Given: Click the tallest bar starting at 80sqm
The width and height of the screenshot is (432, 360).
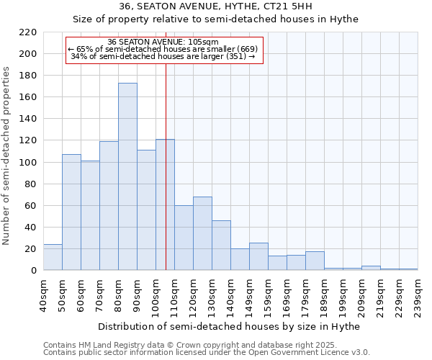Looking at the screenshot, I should coord(127,176).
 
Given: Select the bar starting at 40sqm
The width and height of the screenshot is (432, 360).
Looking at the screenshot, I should coord(53,257).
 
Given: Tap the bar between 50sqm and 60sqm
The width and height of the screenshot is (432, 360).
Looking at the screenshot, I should coord(71,212).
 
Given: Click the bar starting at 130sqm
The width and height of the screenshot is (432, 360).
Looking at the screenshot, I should coord(221,246).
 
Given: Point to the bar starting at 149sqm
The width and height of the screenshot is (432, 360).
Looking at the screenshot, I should coord(258,256).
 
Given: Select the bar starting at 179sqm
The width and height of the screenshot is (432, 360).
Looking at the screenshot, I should coord(315,261).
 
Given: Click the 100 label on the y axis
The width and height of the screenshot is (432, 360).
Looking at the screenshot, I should coord(29,162).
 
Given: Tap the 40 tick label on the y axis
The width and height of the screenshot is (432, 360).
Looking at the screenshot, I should coord(32,227).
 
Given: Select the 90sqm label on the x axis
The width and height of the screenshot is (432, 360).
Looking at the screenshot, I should coord(137,293).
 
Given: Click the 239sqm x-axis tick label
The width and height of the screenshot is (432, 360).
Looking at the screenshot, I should coord(418,295).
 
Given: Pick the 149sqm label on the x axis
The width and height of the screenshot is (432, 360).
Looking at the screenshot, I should coord(249,295).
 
